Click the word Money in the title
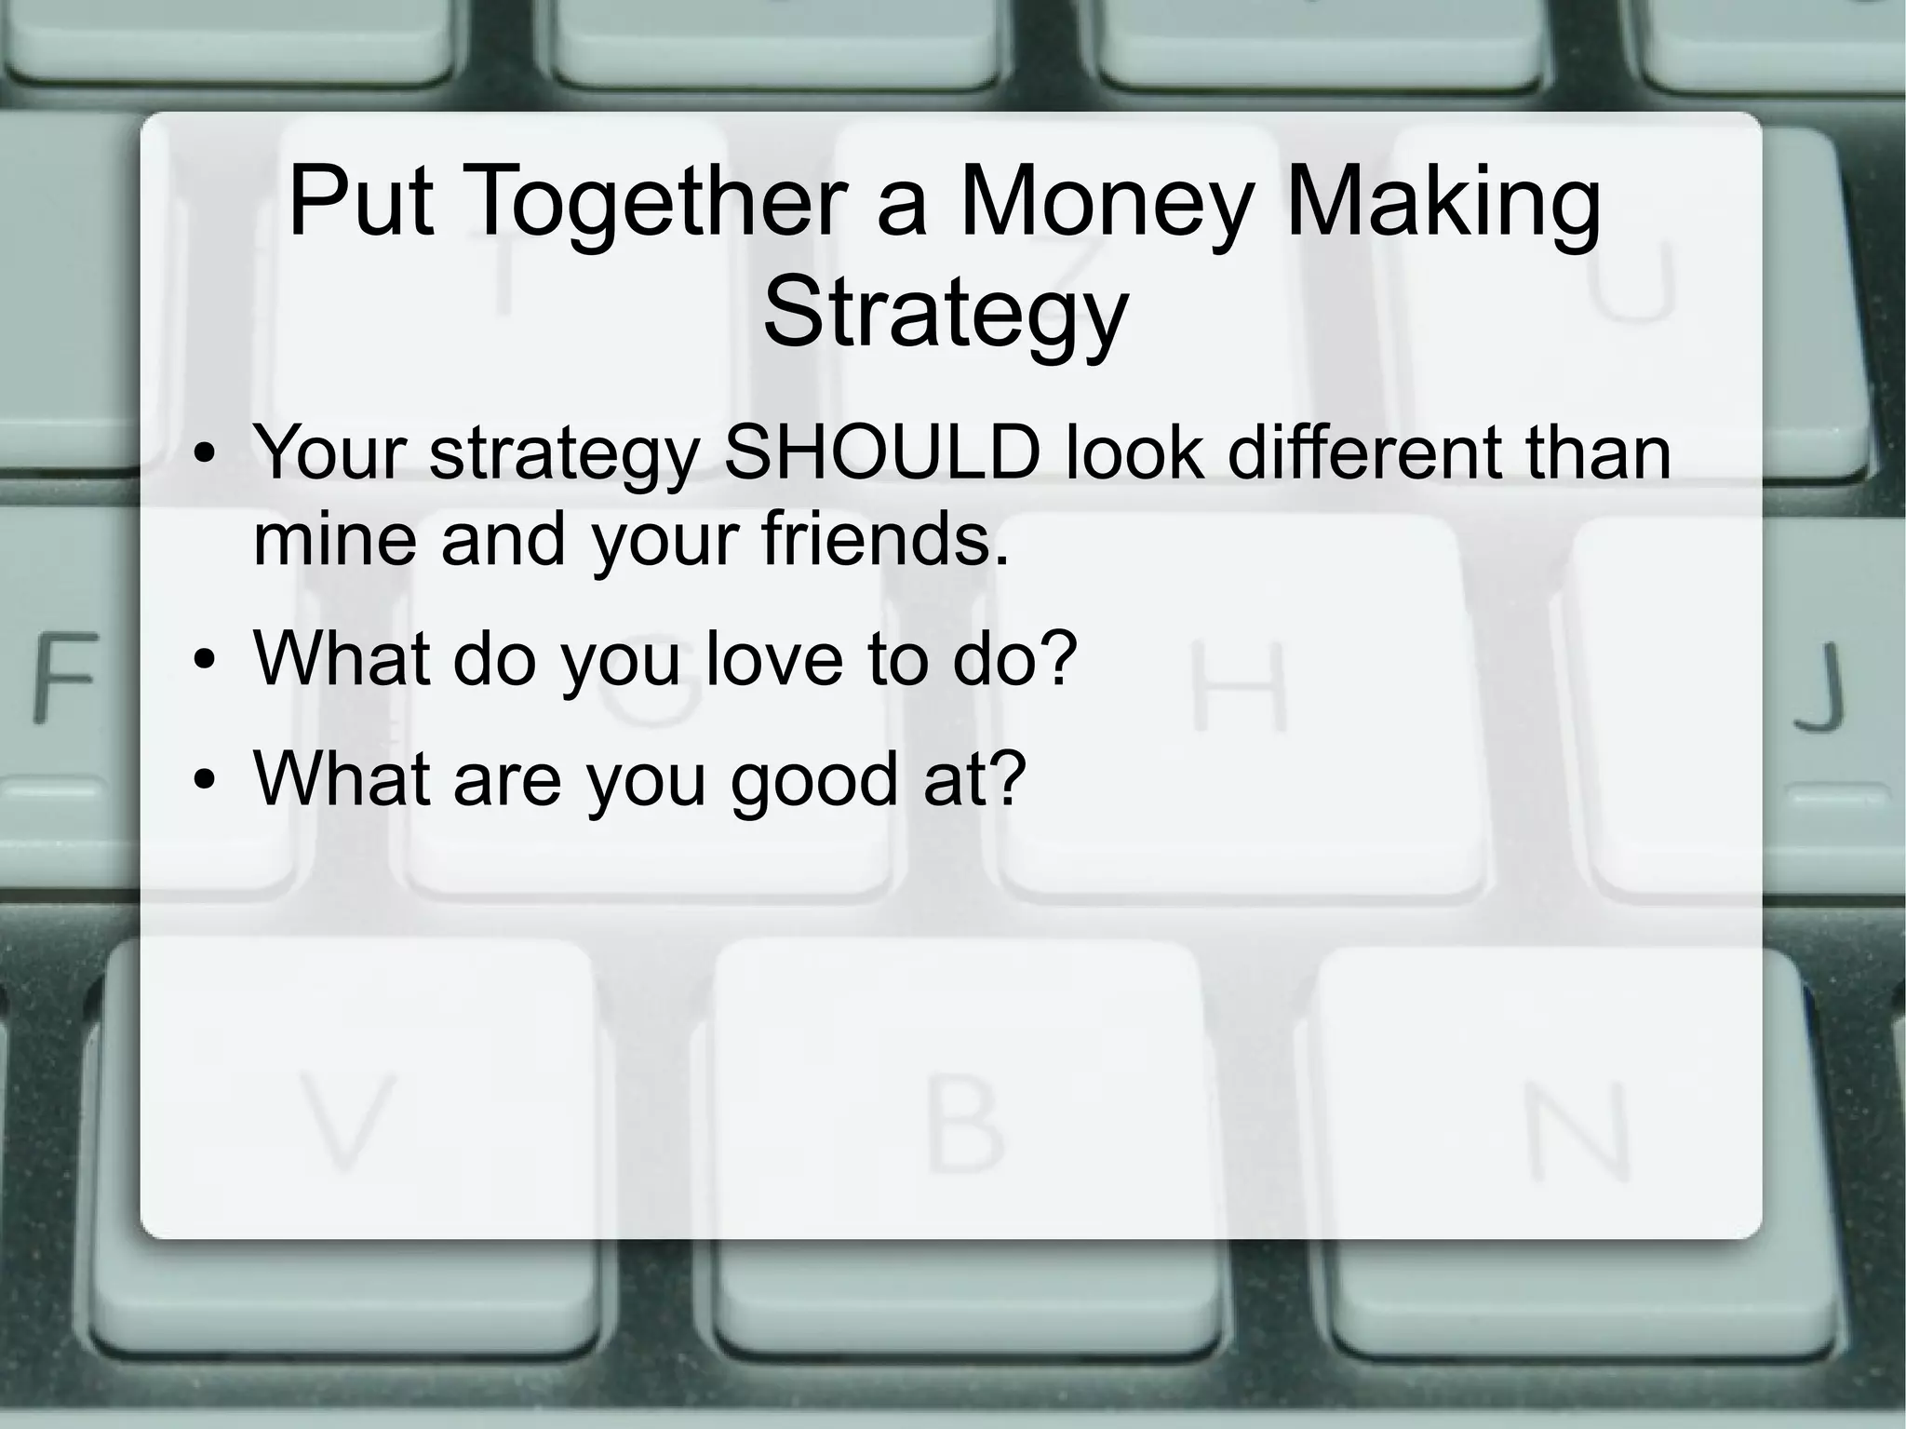pyautogui.click(x=1105, y=203)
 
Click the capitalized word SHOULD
pyautogui.click(x=881, y=453)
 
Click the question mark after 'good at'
pyautogui.click(x=1006, y=776)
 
